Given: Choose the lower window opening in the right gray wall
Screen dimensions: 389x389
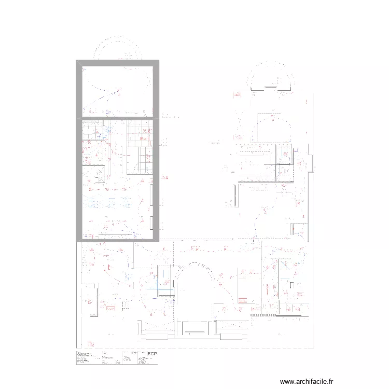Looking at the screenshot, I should click(151, 223).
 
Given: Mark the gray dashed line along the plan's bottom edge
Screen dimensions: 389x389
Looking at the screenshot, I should click(207, 348).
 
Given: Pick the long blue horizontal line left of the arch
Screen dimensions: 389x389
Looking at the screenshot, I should click(156, 288).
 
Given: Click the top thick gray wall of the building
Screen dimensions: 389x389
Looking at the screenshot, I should click(117, 63).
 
